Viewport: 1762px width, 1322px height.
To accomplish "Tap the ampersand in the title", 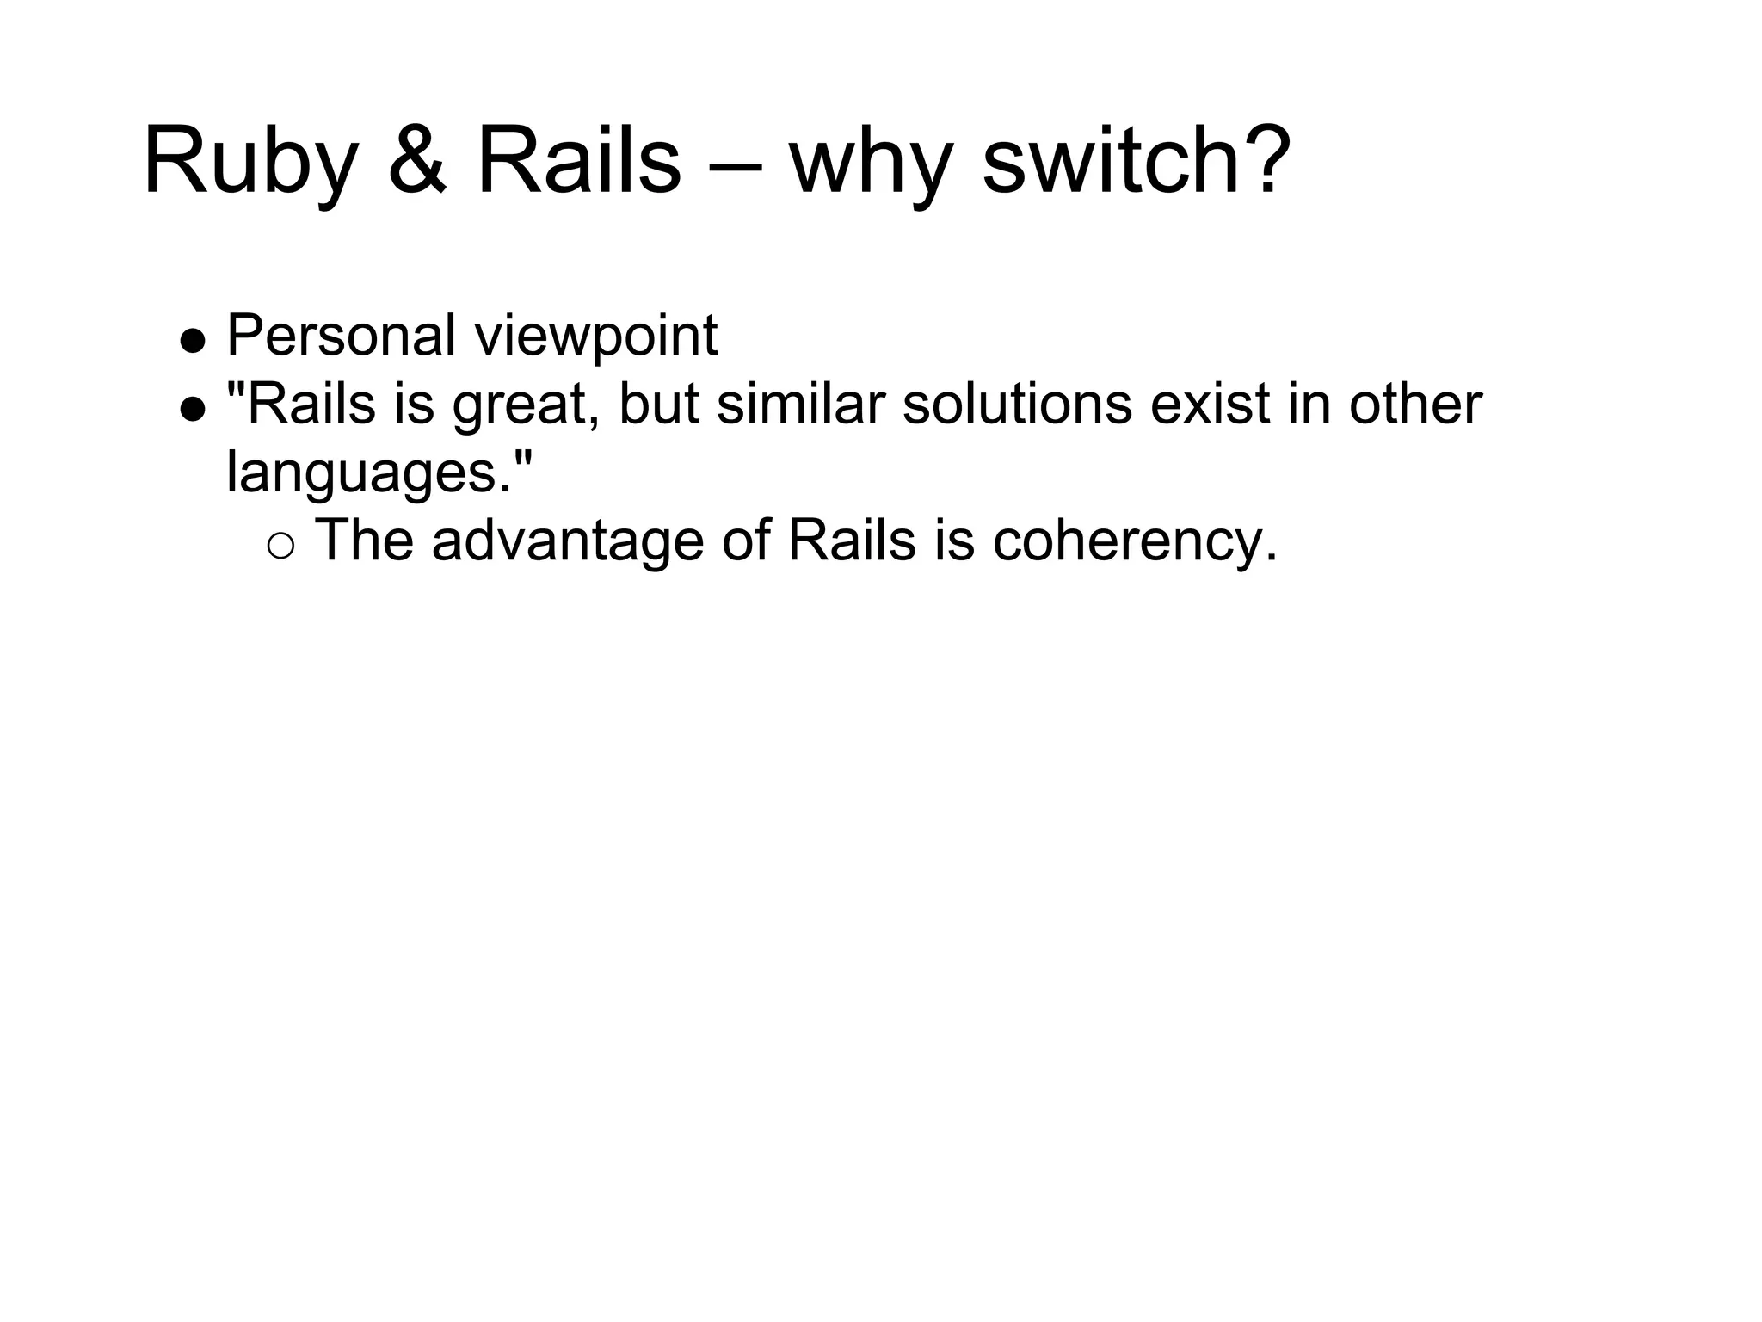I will [417, 162].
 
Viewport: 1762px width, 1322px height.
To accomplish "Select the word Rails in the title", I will [578, 162].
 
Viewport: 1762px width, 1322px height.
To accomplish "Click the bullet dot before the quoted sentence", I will [193, 410].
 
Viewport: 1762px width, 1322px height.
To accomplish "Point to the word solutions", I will [1017, 404].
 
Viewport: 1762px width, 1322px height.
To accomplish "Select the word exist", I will [1211, 404].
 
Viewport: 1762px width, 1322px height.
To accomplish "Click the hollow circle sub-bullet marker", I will [280, 545].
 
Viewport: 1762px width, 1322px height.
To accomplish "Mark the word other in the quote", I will [1415, 404].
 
